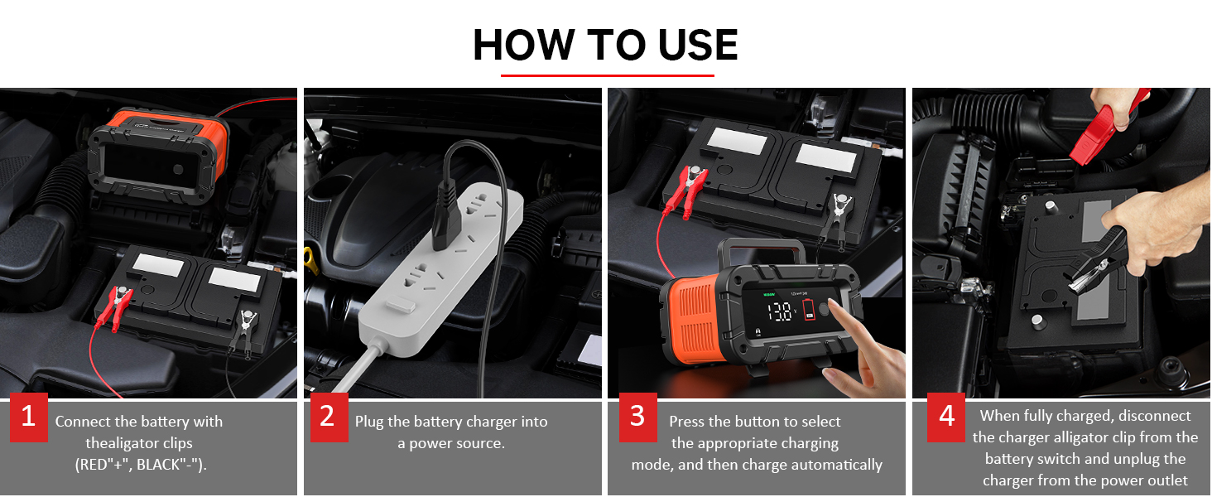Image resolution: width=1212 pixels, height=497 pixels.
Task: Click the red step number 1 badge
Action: click(x=29, y=417)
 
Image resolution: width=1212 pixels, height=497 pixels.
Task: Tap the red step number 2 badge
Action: click(x=329, y=417)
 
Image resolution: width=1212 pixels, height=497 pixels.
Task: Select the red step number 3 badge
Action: click(x=638, y=417)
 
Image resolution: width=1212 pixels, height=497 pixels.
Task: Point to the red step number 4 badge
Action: click(x=945, y=417)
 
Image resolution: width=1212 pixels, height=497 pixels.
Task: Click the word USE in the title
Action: click(x=698, y=45)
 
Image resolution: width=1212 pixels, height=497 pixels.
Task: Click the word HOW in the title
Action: click(x=523, y=45)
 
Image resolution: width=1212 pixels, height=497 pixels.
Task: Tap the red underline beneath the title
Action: click(x=607, y=75)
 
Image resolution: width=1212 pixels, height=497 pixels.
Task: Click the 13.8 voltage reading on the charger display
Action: click(x=780, y=311)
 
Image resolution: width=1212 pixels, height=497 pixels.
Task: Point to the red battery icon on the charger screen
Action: click(x=808, y=309)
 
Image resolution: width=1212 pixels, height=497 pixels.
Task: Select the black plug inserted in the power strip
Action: click(x=447, y=220)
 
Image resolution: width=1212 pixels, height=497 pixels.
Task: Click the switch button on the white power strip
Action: click(x=401, y=305)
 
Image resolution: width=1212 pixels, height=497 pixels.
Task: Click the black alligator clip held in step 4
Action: click(x=1093, y=262)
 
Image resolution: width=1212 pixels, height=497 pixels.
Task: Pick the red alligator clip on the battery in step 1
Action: click(x=114, y=307)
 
